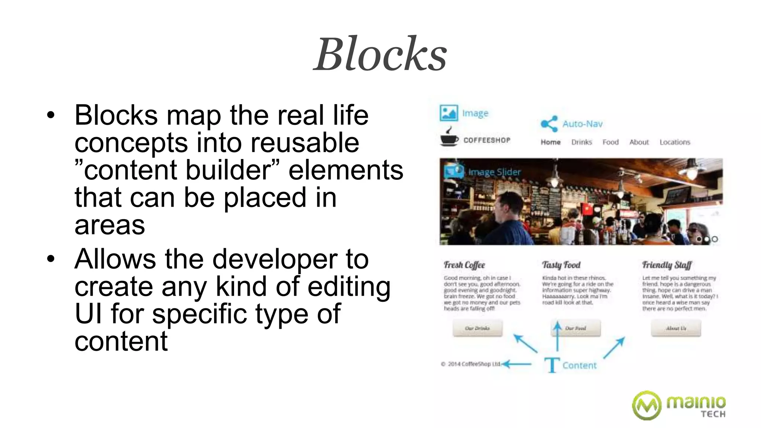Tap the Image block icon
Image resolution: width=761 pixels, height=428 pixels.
click(x=448, y=113)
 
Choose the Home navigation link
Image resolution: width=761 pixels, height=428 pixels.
click(x=550, y=142)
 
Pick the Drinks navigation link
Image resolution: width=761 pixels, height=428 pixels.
click(x=582, y=142)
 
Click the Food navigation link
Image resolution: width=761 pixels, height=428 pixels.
click(x=611, y=142)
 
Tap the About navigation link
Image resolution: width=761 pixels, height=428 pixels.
click(x=639, y=142)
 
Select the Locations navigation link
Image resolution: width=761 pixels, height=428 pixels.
click(x=675, y=142)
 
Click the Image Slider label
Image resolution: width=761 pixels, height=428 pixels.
click(x=494, y=172)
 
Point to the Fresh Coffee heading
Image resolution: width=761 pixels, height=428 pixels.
click(x=464, y=265)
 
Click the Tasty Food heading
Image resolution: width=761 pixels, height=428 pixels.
click(x=561, y=265)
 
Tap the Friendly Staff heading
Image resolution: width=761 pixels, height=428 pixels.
click(x=667, y=265)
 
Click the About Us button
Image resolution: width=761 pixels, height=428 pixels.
click(x=676, y=328)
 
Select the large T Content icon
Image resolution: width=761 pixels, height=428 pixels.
click(x=552, y=365)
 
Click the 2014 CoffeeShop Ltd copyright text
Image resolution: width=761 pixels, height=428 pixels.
click(x=471, y=364)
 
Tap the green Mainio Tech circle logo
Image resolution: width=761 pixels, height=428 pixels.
click(x=647, y=405)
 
